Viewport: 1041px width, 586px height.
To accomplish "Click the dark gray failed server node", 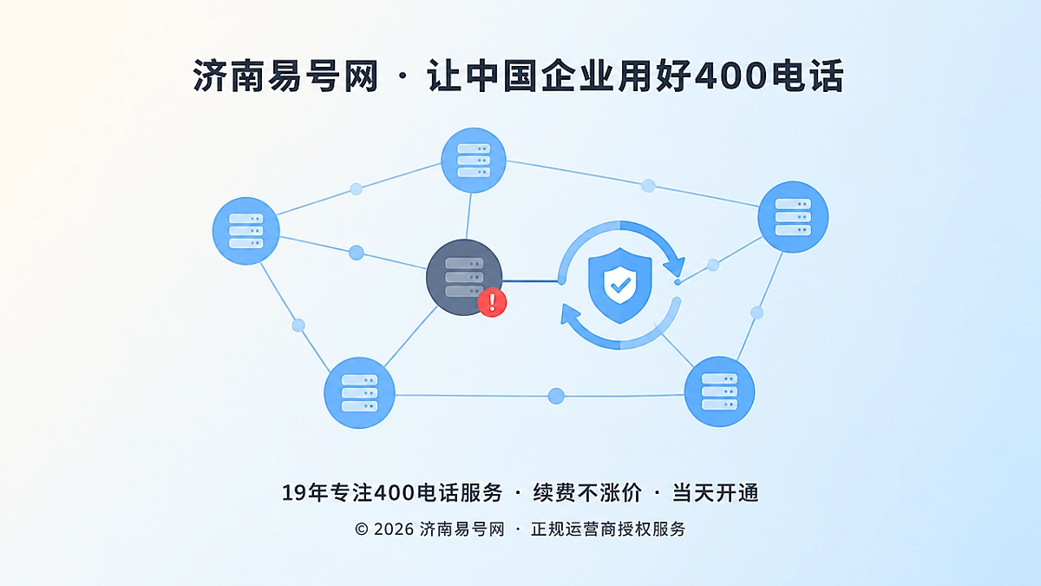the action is pyautogui.click(x=464, y=277).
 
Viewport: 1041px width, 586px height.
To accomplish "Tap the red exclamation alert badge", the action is pyautogui.click(x=492, y=302).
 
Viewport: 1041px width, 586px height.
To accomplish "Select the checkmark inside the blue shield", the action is pyautogui.click(x=620, y=284).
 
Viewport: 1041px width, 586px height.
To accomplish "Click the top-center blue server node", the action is pyautogui.click(x=473, y=161).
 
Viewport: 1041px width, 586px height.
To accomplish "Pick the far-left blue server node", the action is pyautogui.click(x=246, y=231).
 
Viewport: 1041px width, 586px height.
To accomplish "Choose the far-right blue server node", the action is pyautogui.click(x=793, y=217).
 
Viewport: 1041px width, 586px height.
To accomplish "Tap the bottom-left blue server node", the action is pyautogui.click(x=359, y=392).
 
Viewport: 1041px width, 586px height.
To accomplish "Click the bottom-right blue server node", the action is pyautogui.click(x=719, y=392).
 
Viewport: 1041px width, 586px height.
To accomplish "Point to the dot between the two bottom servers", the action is pyautogui.click(x=556, y=396).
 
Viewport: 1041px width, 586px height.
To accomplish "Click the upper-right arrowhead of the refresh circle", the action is pyautogui.click(x=674, y=267).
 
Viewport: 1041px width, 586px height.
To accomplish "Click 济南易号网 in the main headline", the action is pyautogui.click(x=285, y=76).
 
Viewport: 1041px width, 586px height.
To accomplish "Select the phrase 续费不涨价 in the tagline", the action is pyautogui.click(x=587, y=493).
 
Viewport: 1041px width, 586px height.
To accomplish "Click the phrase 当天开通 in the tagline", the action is pyautogui.click(x=715, y=493).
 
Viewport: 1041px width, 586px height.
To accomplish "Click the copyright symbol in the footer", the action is pyautogui.click(x=361, y=530).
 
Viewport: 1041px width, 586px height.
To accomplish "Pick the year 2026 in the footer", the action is pyautogui.click(x=394, y=530).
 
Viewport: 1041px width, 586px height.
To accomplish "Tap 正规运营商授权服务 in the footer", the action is pyautogui.click(x=608, y=530).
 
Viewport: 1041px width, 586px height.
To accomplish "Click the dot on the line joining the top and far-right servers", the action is pyautogui.click(x=648, y=186).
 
